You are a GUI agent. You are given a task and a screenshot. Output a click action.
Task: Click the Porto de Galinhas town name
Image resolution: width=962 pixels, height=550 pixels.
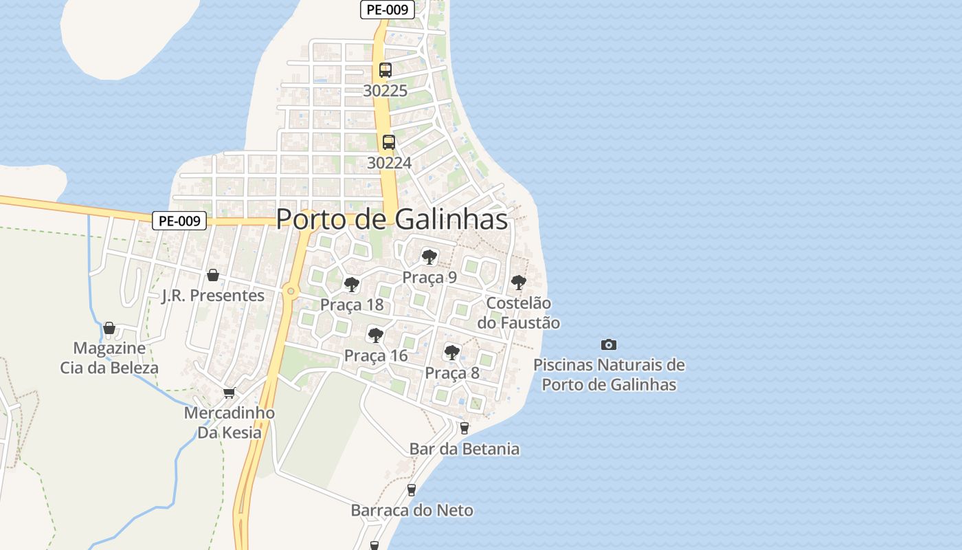[392, 219]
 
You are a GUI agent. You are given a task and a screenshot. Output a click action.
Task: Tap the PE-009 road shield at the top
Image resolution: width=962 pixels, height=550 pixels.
[387, 10]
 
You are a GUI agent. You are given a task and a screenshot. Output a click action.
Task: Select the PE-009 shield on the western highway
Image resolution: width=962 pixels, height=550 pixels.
[179, 221]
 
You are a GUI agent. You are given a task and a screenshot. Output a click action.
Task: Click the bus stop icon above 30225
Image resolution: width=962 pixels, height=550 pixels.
[385, 70]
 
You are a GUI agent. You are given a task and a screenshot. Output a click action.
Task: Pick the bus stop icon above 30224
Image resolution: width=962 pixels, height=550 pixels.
[389, 142]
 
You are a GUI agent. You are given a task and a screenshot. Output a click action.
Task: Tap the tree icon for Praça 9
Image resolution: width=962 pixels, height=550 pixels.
[429, 257]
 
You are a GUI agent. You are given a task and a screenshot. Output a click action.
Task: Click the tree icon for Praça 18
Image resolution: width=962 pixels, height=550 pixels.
[352, 285]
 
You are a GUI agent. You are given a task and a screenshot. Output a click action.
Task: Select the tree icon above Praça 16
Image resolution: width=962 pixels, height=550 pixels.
[375, 335]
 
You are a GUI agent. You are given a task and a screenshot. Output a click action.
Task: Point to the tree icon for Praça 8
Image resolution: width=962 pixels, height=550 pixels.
[451, 353]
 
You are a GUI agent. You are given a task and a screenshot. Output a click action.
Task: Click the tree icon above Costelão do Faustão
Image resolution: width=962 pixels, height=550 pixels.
[519, 283]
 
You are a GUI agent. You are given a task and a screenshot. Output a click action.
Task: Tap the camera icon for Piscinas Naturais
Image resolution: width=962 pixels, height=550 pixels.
[608, 344]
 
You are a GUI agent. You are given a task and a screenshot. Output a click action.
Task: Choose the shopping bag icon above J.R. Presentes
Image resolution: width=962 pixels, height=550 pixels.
[213, 275]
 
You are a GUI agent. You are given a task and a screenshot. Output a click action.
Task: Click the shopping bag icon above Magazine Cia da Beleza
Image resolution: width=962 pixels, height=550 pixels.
[109, 328]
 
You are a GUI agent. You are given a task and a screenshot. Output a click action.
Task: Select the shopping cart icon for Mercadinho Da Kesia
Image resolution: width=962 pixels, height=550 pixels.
[229, 393]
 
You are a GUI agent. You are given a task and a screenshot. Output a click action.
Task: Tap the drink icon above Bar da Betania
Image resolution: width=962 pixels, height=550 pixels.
[465, 428]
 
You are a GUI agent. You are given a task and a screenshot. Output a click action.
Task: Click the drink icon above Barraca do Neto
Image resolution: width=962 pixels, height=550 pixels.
[412, 490]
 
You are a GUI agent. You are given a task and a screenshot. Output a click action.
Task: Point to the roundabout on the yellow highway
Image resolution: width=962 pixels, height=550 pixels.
[291, 291]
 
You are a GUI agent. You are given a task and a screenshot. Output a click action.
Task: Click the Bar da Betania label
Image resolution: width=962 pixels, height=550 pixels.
[465, 449]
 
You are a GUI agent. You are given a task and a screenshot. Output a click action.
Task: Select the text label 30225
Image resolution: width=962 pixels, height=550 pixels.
[385, 91]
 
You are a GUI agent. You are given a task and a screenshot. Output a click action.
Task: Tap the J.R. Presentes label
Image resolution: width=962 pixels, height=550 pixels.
[213, 296]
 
